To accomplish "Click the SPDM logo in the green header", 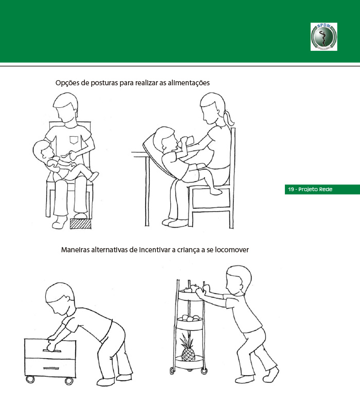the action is coord(324,36).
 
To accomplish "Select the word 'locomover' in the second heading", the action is coord(232,250).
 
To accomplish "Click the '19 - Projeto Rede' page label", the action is coord(310,189).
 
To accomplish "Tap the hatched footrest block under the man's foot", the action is coord(81,223).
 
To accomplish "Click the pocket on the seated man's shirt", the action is coord(74,140).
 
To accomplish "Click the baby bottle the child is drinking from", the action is coord(186,141).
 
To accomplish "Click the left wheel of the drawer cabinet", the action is coord(30,380).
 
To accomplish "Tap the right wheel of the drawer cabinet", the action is coord(69,381).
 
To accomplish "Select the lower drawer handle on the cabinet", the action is coord(51,368).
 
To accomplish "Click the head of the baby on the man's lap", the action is coord(43,150).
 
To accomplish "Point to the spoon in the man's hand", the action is coord(66,155).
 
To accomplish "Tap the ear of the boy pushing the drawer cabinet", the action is coord(67,298).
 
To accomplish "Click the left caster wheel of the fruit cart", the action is coord(172,370).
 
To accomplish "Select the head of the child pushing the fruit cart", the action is coord(239,279).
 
